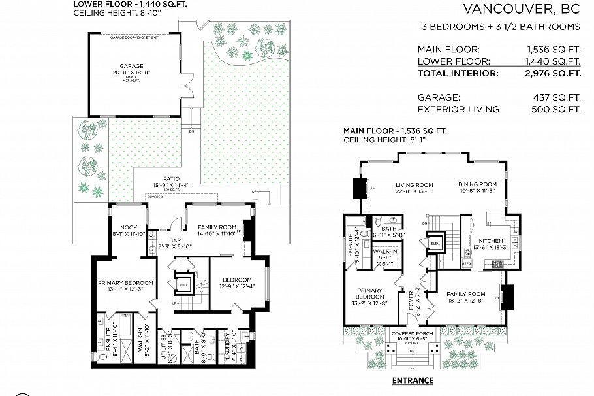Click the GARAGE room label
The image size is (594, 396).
(x=131, y=66)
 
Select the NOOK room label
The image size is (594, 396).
(x=127, y=227)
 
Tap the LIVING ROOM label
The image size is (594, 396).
(x=414, y=184)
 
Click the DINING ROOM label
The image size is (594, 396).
(x=479, y=184)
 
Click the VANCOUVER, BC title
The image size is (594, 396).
(x=521, y=9)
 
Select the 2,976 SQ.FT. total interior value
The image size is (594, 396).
(x=553, y=74)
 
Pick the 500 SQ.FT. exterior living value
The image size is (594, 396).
(x=563, y=109)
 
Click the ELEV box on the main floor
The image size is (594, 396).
(x=435, y=243)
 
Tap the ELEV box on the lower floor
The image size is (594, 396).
(x=183, y=284)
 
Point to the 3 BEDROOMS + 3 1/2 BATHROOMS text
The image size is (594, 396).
(x=501, y=27)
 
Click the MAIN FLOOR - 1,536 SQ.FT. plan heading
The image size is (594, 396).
(x=395, y=131)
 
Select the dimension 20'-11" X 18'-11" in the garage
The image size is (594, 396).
(x=131, y=73)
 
